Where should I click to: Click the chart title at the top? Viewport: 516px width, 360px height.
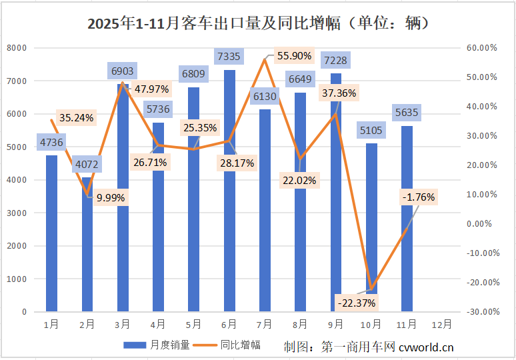click(x=258, y=24)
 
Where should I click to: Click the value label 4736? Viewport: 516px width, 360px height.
click(x=51, y=142)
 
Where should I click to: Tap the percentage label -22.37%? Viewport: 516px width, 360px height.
click(x=357, y=303)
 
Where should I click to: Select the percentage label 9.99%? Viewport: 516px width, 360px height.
click(x=111, y=197)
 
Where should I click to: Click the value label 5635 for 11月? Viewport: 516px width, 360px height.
click(x=406, y=112)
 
